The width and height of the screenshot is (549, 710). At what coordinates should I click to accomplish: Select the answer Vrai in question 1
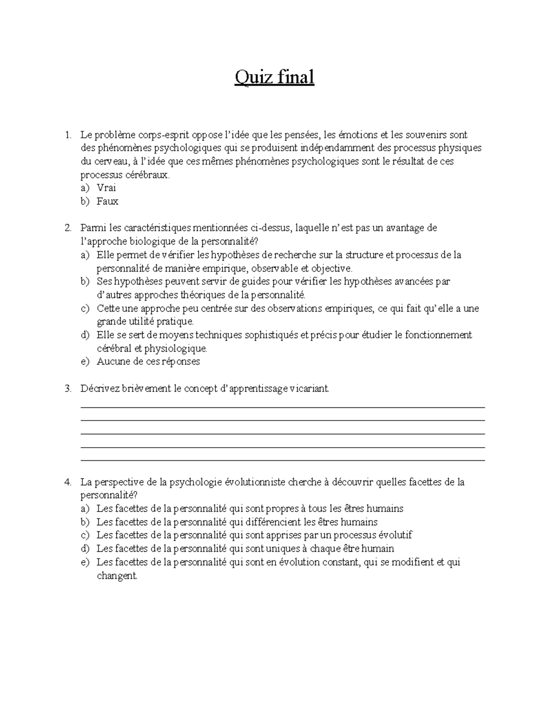[106, 188]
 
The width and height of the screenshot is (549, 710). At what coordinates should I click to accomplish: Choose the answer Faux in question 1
[107, 201]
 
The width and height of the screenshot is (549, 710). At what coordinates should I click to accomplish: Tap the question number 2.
[68, 228]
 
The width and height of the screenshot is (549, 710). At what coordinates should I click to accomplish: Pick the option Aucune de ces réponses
[148, 362]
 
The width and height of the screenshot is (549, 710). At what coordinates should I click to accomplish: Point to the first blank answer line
[282, 407]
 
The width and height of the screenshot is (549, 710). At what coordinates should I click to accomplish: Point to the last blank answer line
[282, 461]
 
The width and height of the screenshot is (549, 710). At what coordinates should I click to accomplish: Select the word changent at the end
[117, 576]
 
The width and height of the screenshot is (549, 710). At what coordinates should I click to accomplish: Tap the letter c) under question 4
[85, 535]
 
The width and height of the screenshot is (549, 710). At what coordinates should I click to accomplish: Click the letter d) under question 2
[85, 335]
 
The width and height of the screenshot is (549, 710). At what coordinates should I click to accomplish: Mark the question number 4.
[68, 482]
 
